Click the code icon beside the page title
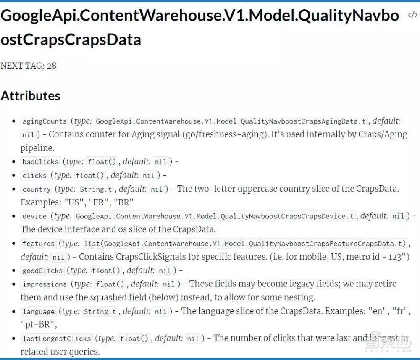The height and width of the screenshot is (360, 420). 412,15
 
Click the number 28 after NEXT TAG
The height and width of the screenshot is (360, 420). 51,66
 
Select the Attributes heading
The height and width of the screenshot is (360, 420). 31,96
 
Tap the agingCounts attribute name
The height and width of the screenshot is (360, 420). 45,121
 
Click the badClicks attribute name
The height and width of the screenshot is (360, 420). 40,162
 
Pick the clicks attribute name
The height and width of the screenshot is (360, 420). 34,176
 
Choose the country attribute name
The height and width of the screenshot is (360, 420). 37,189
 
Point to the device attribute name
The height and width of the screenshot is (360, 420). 34,216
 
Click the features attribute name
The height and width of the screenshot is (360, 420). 39,244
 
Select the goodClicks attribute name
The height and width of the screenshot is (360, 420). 42,271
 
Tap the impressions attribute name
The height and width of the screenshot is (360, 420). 45,284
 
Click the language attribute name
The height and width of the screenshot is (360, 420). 39,312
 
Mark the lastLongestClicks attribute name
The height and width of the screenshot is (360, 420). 57,339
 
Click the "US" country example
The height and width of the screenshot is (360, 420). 73,202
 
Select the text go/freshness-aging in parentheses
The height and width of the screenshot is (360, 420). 226,134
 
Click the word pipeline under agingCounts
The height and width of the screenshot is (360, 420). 37,148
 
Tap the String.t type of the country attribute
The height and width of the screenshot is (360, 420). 96,189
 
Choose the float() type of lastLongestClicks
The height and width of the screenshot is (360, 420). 134,339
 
